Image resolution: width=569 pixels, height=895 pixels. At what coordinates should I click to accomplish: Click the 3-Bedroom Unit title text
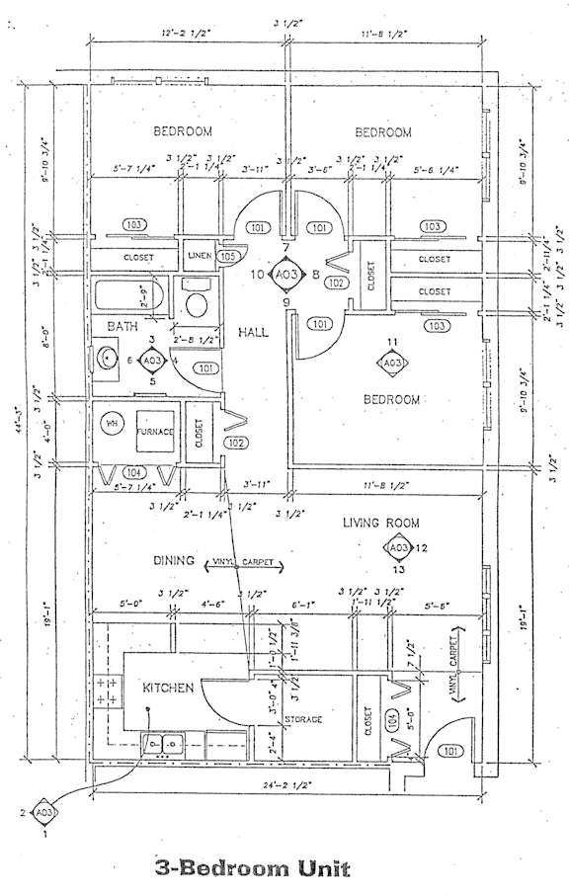pos(252,868)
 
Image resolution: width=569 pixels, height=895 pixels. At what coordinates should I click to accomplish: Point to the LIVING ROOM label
pos(381,523)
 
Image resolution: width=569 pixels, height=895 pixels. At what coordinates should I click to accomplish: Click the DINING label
pos(173,560)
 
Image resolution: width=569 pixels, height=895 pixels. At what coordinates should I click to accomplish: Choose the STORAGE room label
pos(303,719)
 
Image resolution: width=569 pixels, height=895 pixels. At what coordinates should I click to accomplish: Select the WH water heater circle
pos(111,425)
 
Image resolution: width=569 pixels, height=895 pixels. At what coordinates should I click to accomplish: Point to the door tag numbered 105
pos(229,257)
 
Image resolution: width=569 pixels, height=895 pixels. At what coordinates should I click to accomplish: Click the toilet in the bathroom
pos(197,300)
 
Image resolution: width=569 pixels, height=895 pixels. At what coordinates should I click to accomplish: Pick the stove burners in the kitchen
pos(109,691)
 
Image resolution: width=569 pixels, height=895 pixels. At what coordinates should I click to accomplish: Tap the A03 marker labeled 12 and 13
pos(397,548)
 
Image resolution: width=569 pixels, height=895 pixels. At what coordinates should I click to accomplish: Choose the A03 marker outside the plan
pos(42,812)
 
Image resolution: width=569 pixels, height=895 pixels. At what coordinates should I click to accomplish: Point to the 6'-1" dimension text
pos(304,603)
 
